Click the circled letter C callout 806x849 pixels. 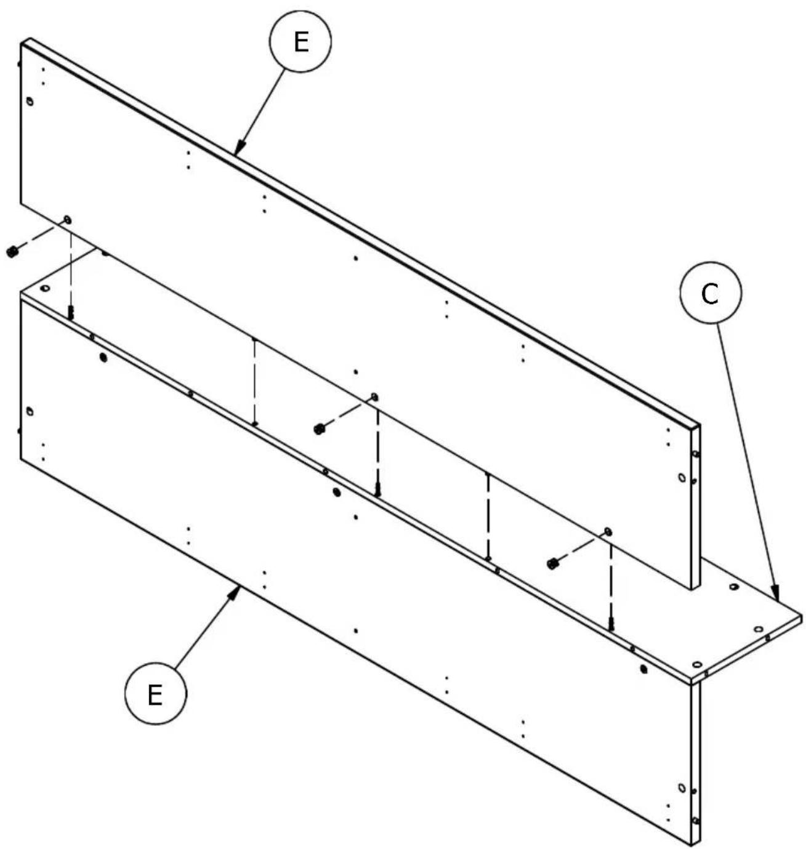[710, 294]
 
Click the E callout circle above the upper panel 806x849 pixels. [300, 42]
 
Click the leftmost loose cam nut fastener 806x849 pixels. [11, 251]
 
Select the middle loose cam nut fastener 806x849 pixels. [319, 429]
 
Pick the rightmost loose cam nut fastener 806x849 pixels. [552, 563]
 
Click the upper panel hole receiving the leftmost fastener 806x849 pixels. [67, 220]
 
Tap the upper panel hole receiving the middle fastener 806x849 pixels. [374, 396]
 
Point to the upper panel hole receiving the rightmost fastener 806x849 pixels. [608, 531]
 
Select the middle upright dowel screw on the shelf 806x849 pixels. [378, 490]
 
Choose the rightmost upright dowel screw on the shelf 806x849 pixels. [611, 624]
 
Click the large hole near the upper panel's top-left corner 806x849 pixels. [30, 102]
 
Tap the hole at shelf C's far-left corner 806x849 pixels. [44, 288]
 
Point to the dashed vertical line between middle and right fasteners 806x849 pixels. [488, 516]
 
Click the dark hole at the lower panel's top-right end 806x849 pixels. [643, 669]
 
